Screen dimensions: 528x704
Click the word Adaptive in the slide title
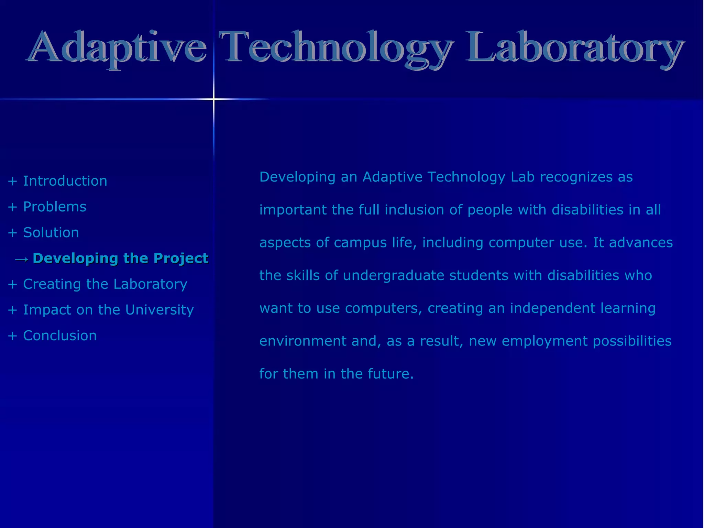(117, 48)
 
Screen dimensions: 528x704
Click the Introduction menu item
(65, 181)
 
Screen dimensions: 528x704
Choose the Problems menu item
(55, 207)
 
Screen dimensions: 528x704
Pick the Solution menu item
(51, 233)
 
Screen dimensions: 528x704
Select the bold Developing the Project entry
(120, 258)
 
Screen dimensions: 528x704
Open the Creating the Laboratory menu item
(105, 284)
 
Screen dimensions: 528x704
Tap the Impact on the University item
(108, 310)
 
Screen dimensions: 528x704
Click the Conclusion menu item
(60, 336)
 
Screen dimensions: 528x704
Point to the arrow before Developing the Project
(22, 259)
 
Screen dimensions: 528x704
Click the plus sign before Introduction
(12, 181)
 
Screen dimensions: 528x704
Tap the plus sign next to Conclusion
(12, 336)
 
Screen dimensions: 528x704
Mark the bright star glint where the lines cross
(213, 99)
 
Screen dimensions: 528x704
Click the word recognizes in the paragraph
(576, 177)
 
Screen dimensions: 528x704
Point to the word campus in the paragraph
(360, 243)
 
